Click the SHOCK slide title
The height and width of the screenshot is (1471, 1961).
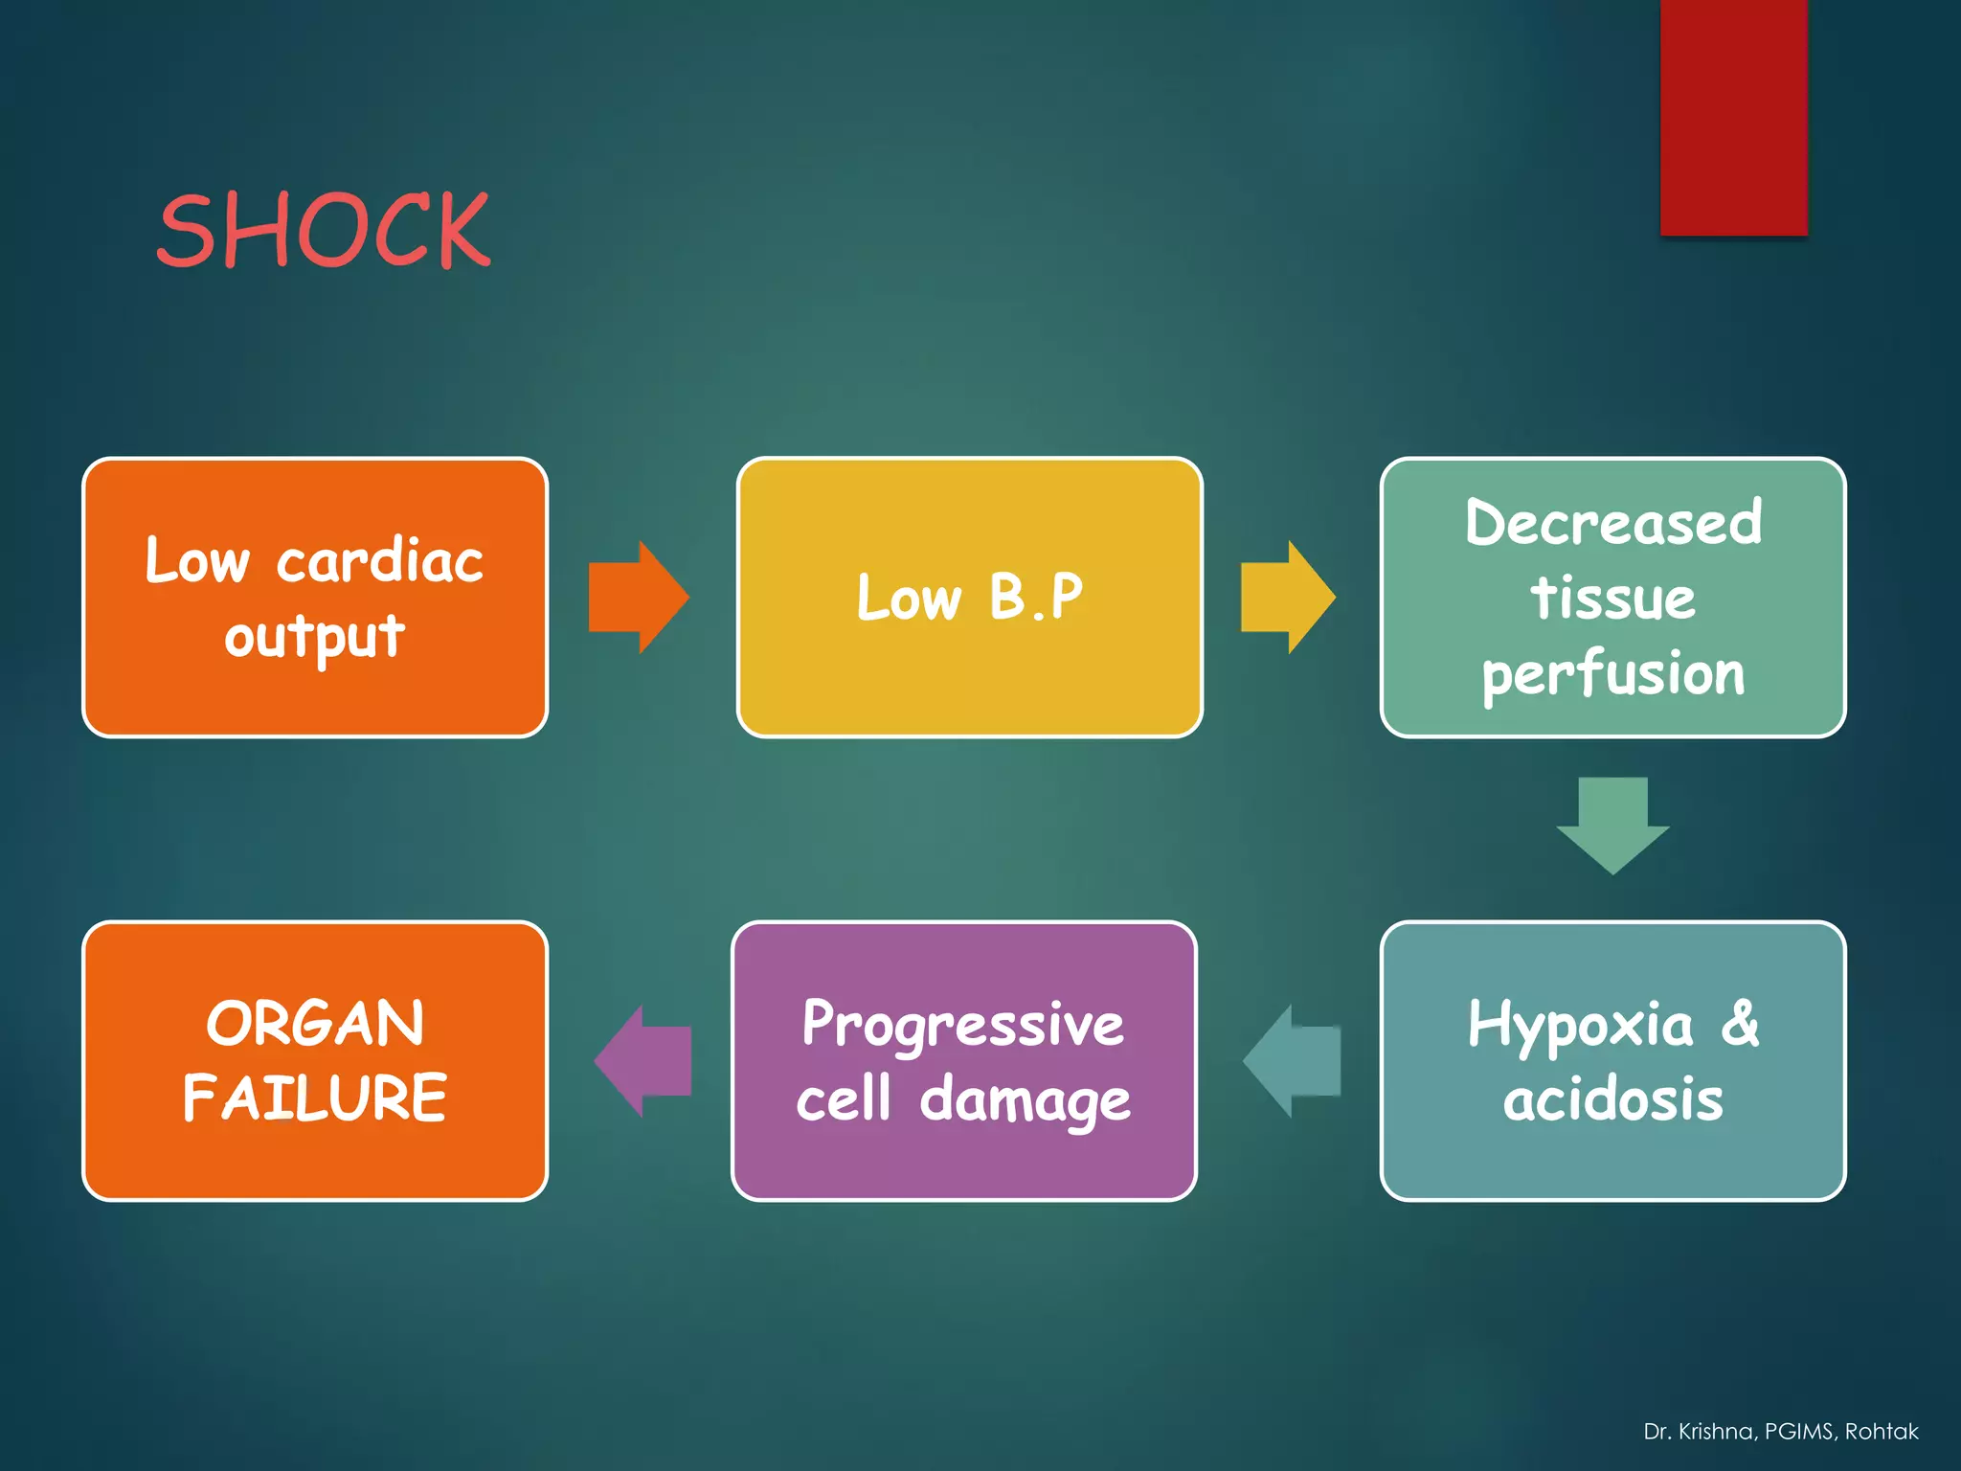click(x=324, y=230)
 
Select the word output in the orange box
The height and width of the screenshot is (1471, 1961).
click(x=315, y=638)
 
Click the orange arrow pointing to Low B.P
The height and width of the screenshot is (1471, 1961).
click(x=638, y=598)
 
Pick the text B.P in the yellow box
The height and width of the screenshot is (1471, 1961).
click(x=1036, y=597)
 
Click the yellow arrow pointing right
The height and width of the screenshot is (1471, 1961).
click(x=1287, y=598)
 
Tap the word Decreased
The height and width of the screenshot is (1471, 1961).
click(x=1613, y=523)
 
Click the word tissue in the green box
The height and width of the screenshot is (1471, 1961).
click(x=1613, y=599)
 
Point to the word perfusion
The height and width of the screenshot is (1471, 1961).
click(x=1613, y=674)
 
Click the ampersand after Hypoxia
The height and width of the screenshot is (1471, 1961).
click(x=1740, y=1023)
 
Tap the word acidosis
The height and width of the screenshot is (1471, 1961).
click(x=1613, y=1099)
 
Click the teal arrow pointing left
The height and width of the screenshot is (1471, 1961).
click(x=1292, y=1061)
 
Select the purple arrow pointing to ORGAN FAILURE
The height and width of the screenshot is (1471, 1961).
click(x=642, y=1061)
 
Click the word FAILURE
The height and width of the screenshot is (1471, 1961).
click(x=315, y=1098)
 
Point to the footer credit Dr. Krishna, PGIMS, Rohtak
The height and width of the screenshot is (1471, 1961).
click(x=1780, y=1432)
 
